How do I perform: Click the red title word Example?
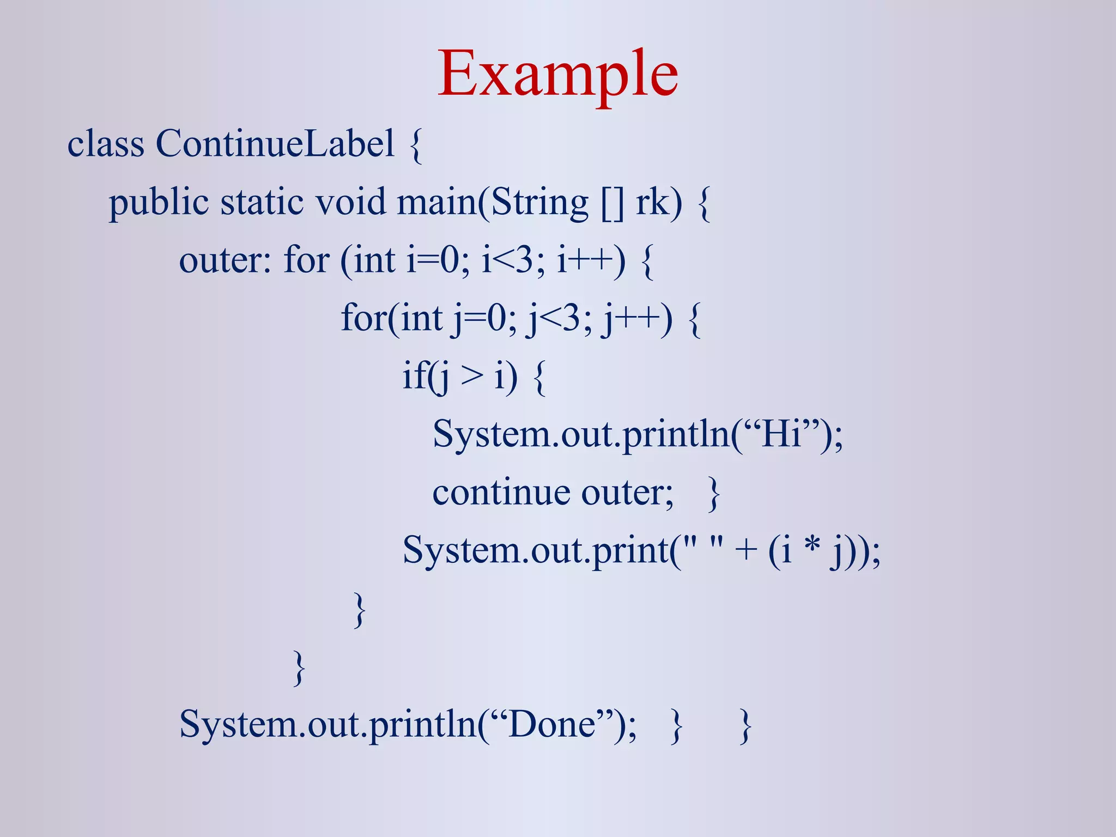[x=558, y=74]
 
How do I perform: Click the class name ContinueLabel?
[x=275, y=144]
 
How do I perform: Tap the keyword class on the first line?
[x=106, y=144]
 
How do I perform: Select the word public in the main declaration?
[x=159, y=203]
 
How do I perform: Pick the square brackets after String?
[x=612, y=203]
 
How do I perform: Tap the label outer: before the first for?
[x=225, y=260]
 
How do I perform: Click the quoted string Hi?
[x=781, y=434]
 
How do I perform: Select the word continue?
[x=501, y=493]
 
